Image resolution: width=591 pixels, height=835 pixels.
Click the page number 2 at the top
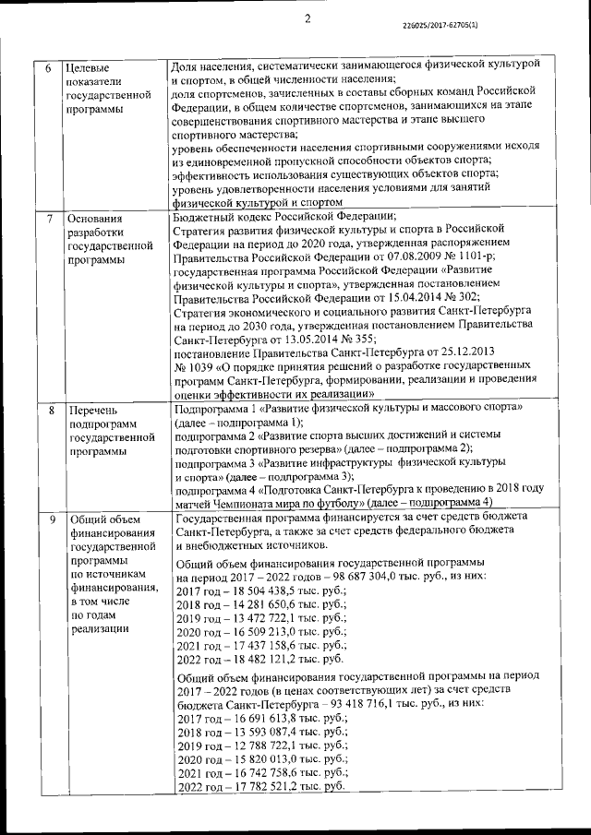[x=308, y=17]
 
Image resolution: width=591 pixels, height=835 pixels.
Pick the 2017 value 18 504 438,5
[x=260, y=590]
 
